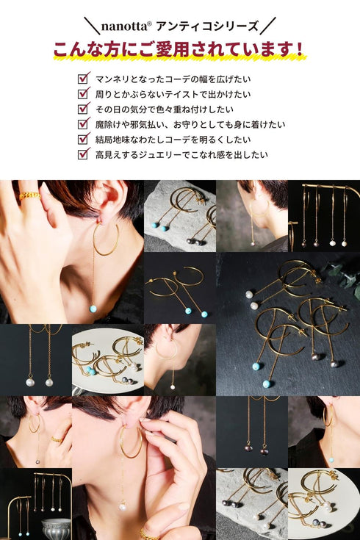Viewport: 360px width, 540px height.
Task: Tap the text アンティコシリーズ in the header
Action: (206, 27)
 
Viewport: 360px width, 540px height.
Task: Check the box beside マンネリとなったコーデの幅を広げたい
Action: (84, 78)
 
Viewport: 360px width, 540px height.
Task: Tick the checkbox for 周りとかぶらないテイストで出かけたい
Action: (84, 93)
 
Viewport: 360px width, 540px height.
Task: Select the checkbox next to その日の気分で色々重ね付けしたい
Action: (84, 109)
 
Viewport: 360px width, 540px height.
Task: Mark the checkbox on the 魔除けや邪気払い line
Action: (84, 124)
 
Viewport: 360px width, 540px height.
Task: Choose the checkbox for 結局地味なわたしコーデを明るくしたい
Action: (84, 139)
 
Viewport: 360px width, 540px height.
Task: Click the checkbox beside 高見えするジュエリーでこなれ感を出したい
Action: (84, 154)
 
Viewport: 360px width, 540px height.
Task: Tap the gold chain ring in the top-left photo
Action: (29, 195)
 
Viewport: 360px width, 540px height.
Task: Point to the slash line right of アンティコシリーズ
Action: (269, 27)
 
